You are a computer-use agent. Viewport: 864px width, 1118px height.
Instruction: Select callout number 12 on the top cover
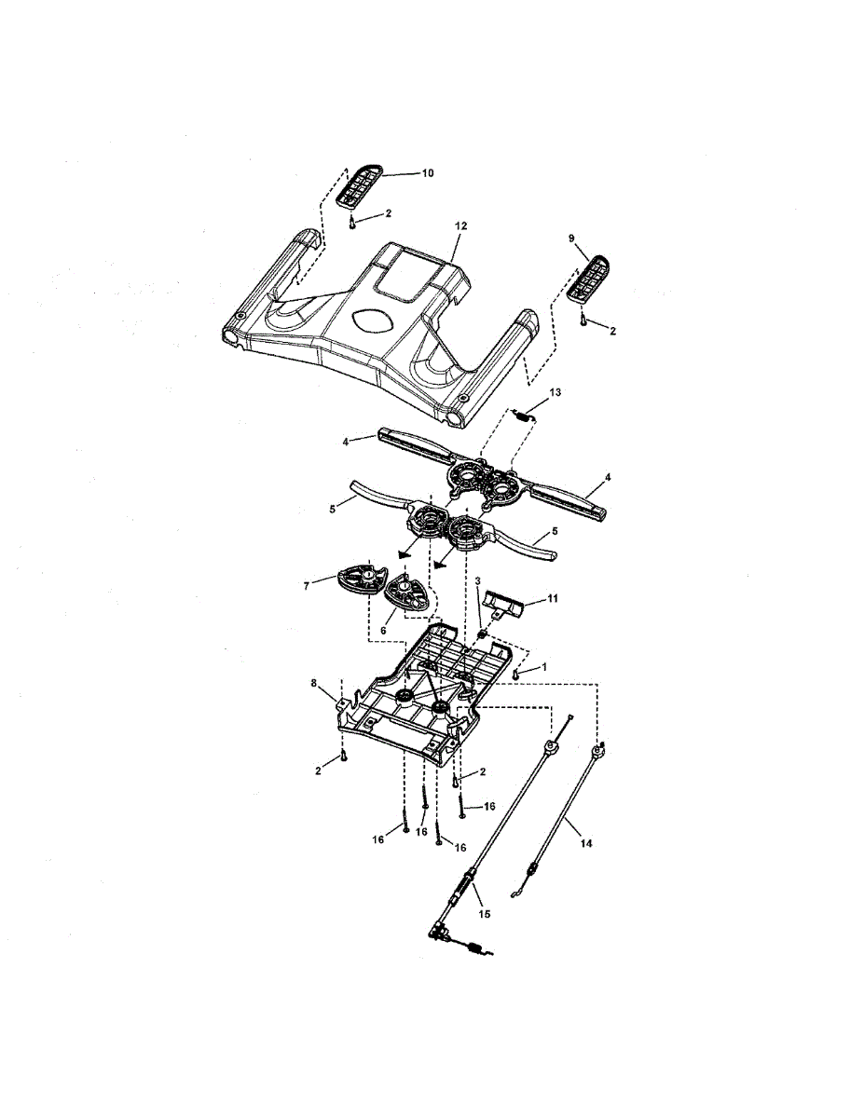coord(460,226)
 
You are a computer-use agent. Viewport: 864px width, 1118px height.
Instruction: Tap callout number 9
coord(571,239)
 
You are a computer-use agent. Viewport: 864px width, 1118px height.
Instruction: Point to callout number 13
coord(555,393)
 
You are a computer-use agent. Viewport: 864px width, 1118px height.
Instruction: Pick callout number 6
coord(381,630)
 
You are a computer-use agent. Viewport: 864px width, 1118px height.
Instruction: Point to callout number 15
coord(484,915)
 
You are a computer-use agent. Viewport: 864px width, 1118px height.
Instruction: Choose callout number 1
coord(544,667)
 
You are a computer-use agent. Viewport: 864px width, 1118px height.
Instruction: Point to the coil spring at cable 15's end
coord(473,949)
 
